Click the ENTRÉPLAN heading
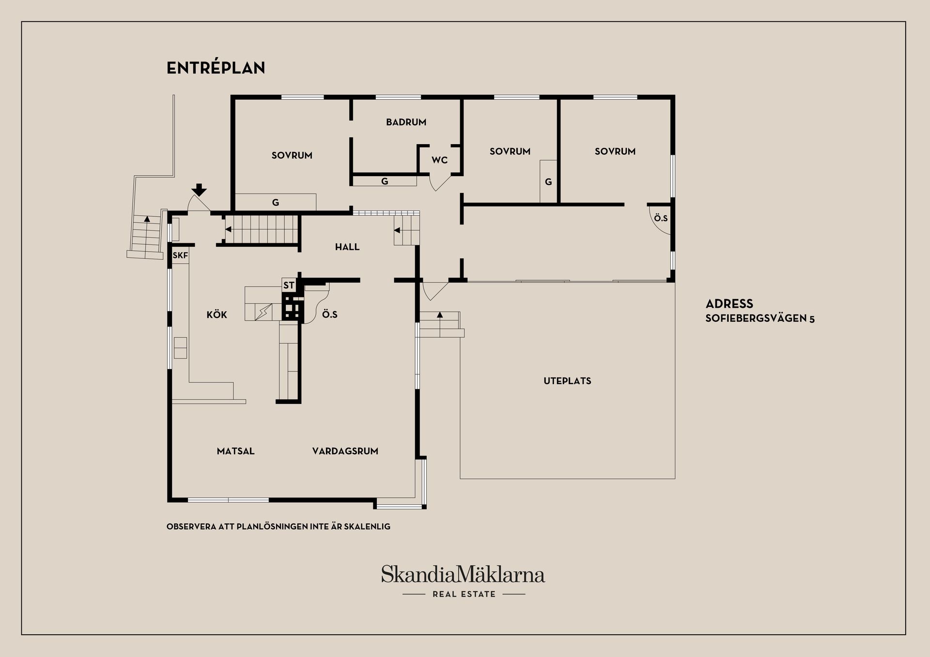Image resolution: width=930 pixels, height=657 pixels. [216, 68]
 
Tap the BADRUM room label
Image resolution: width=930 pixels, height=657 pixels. [406, 122]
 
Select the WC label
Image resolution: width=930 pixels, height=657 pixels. [440, 160]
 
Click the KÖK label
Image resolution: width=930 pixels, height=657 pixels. [217, 314]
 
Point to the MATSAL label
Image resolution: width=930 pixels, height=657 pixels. [235, 451]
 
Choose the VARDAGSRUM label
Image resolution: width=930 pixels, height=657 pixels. [345, 451]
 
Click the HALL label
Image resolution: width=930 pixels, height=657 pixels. [347, 247]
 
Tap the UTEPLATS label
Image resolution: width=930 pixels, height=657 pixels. [567, 381]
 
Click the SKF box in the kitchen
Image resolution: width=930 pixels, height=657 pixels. [180, 255]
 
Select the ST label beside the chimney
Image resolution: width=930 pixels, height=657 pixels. [289, 285]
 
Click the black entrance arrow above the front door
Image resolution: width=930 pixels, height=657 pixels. [199, 190]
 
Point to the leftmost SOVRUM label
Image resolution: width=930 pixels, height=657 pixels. [292, 156]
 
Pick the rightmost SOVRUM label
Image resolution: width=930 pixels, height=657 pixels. [615, 151]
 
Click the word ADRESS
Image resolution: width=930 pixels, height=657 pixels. [729, 304]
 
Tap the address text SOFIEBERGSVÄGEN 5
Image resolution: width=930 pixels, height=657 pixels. [760, 319]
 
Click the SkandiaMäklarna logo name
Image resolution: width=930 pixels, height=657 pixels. [463, 574]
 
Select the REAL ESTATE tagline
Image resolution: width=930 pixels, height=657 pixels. [464, 594]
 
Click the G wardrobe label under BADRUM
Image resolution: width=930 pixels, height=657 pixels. [385, 181]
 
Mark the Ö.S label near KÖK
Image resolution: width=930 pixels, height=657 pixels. [330, 314]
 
